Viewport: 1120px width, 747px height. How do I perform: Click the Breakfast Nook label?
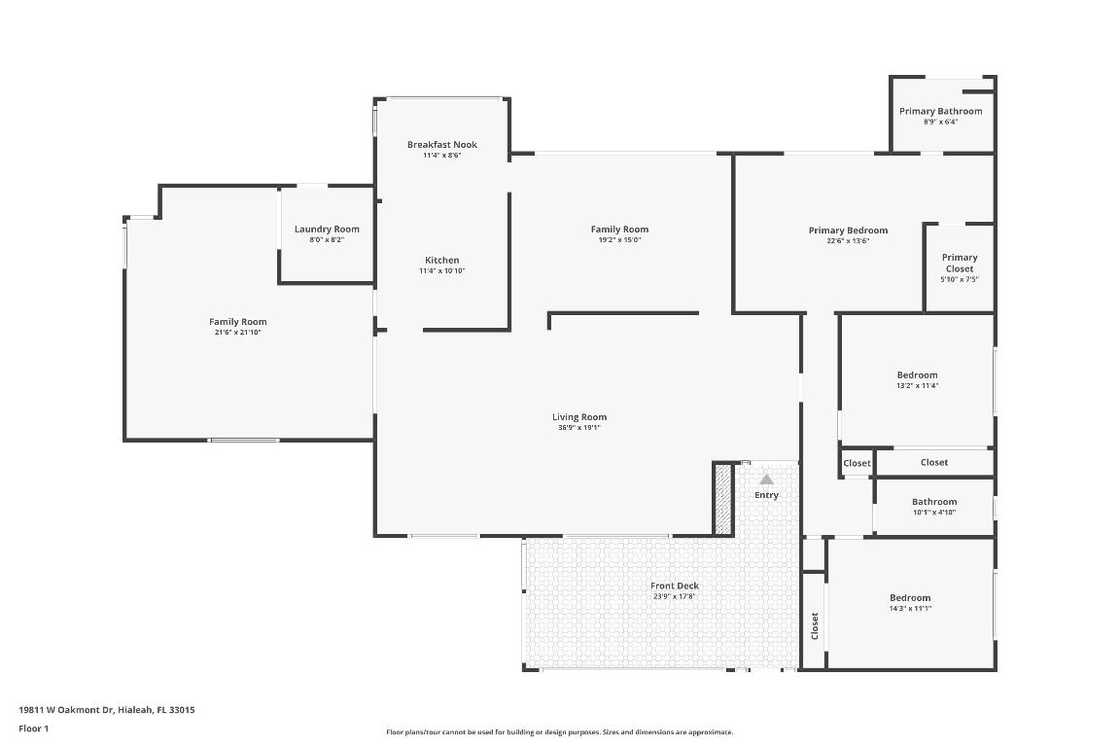coord(441,145)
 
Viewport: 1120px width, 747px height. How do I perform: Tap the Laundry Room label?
coord(327,230)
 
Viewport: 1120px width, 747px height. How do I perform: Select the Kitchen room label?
coord(441,260)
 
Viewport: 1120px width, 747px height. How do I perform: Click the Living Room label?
coord(579,417)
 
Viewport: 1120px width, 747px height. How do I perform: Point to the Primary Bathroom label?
coord(940,111)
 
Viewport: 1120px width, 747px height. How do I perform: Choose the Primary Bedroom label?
coord(848,231)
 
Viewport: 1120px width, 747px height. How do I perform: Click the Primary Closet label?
coord(959,263)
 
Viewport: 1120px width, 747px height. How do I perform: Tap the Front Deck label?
coord(674,586)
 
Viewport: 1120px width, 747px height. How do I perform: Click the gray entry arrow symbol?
coord(766,479)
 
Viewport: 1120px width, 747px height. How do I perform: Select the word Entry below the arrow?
coord(766,495)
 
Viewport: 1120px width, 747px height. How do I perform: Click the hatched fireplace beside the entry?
coord(722,498)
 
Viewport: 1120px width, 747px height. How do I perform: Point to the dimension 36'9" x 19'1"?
coord(579,428)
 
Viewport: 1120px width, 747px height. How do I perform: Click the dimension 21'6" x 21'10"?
coord(237,333)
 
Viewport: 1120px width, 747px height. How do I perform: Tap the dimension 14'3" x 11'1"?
coord(909,609)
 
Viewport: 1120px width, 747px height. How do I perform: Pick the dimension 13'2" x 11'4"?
coord(917,386)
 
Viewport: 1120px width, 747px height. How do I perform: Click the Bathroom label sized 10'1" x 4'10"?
coord(933,502)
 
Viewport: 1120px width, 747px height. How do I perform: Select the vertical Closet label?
coord(815,625)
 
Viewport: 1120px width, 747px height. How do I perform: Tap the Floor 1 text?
coord(33,729)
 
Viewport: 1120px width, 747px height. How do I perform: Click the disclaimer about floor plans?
coord(559,732)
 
